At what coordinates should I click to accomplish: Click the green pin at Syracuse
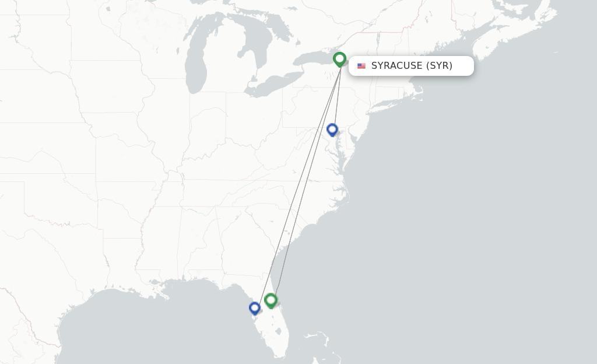(x=339, y=59)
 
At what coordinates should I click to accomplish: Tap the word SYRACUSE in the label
(x=396, y=66)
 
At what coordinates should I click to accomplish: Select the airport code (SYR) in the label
(x=439, y=66)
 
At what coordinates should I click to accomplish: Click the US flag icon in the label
(x=361, y=66)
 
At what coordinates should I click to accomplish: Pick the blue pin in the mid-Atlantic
(x=332, y=129)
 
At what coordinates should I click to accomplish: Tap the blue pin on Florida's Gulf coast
(x=254, y=307)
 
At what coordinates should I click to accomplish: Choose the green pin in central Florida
(x=271, y=300)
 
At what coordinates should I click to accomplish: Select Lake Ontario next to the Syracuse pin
(x=315, y=59)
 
